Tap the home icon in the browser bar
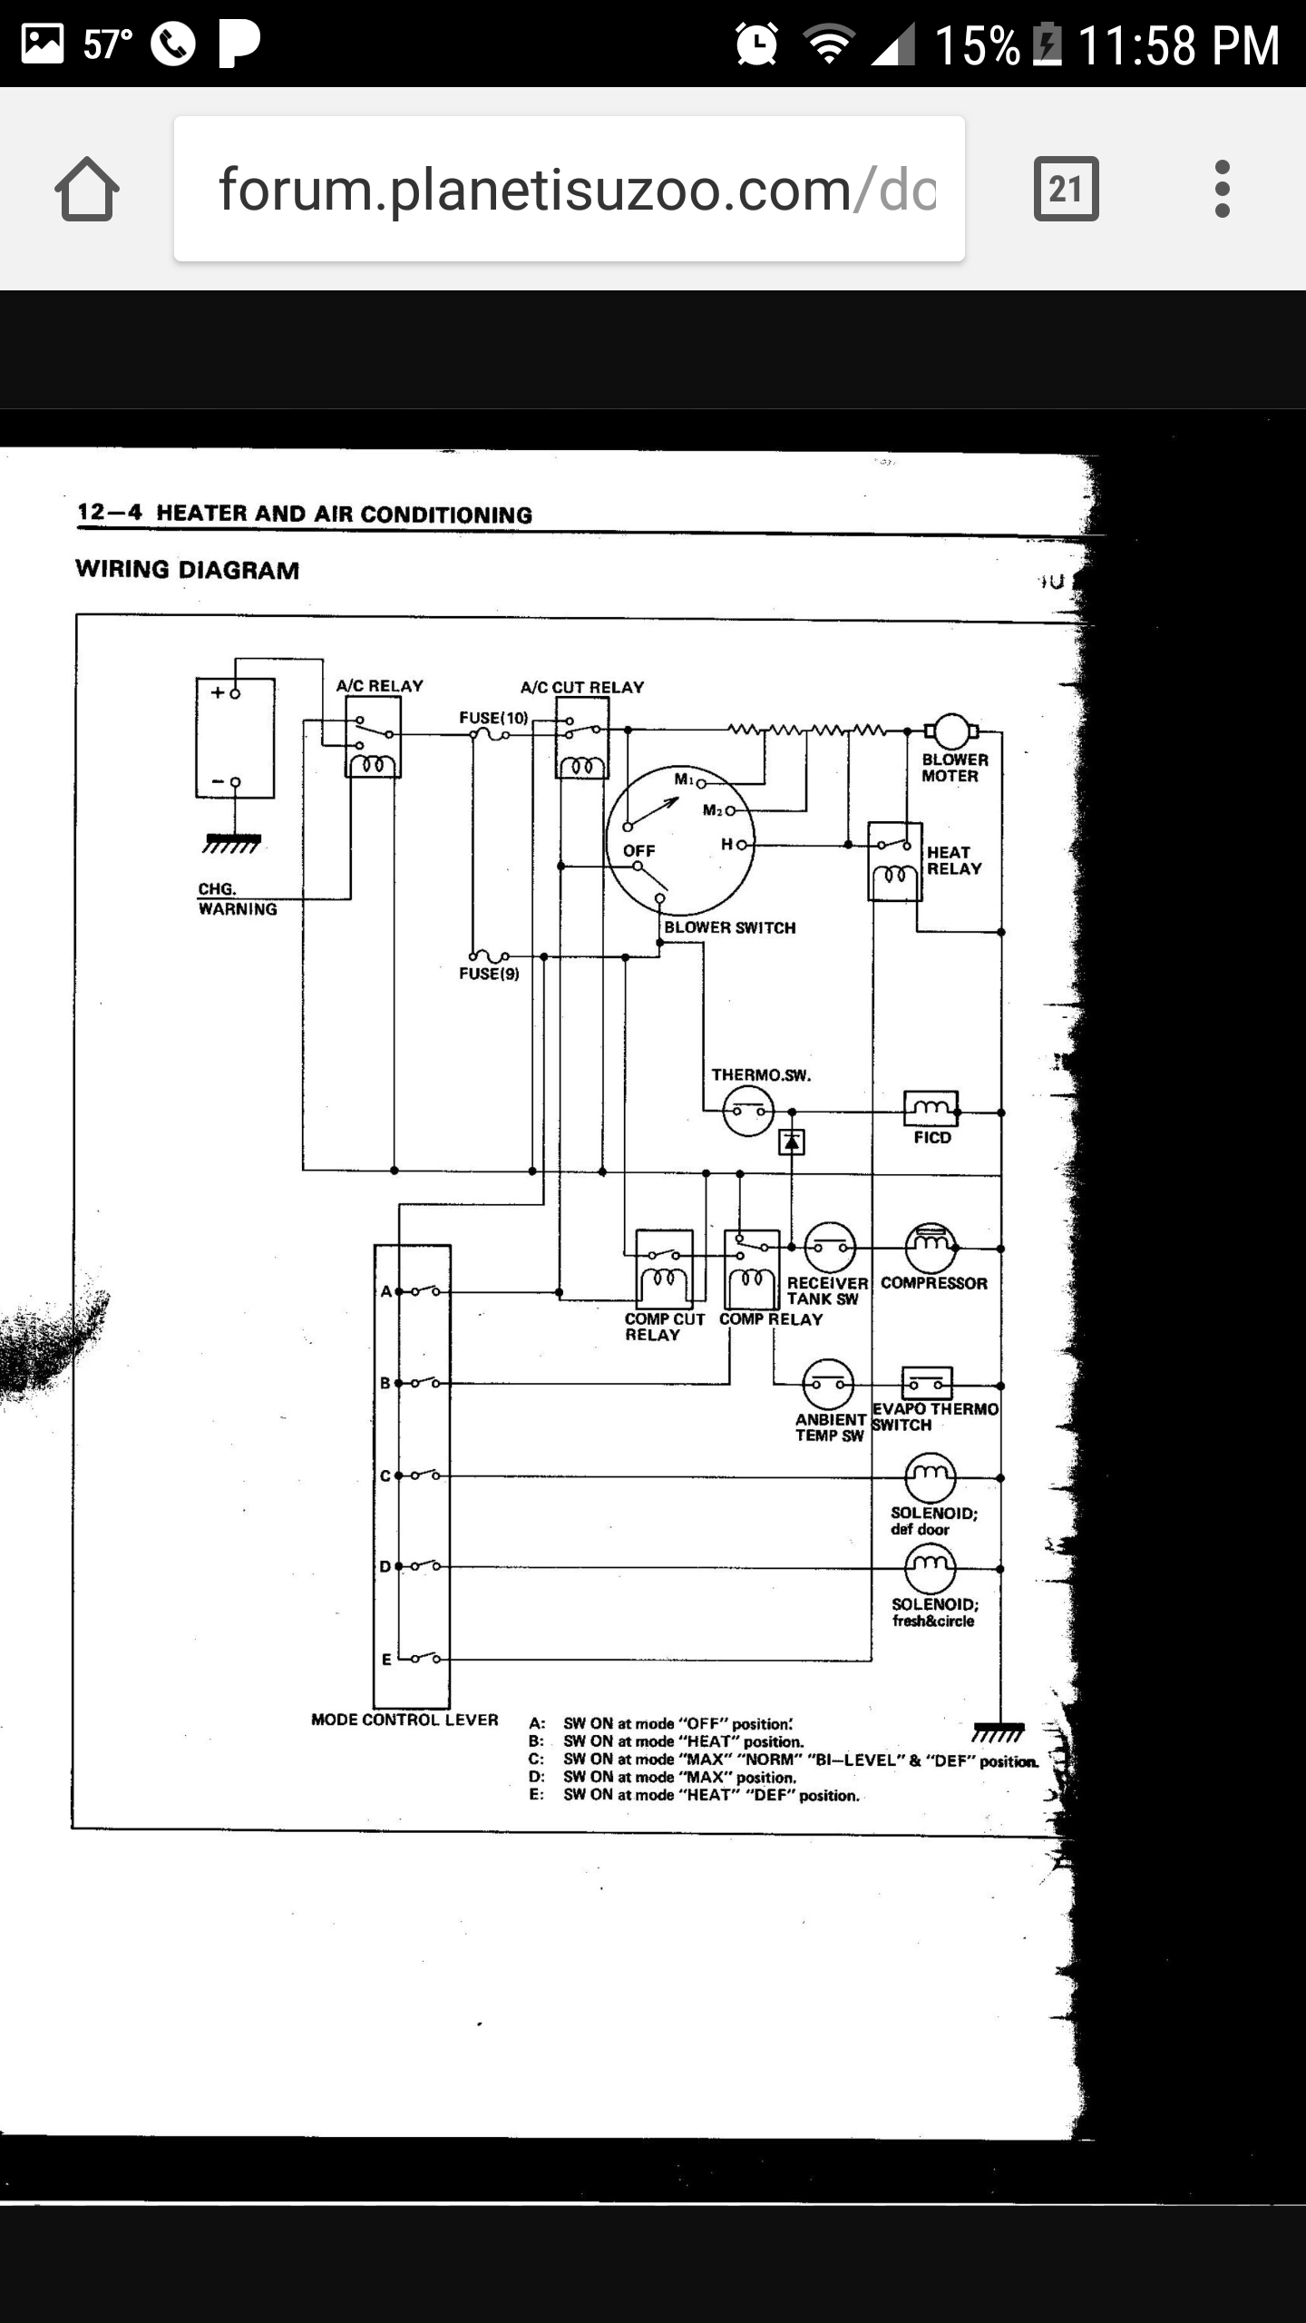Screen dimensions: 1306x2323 coord(87,189)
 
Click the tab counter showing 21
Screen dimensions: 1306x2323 coord(1066,189)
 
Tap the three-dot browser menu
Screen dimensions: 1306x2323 coord(1222,189)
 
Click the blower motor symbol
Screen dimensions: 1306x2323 coord(951,730)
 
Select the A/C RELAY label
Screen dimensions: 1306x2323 coord(379,686)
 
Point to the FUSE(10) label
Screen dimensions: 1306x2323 coord(493,718)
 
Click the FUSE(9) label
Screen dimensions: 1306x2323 coord(489,974)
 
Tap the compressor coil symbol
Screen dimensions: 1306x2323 coord(931,1248)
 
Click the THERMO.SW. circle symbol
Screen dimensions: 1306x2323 coord(748,1112)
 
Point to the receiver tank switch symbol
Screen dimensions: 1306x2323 coord(830,1248)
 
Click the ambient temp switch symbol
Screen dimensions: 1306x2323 coord(828,1385)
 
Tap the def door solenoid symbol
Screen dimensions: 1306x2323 coord(931,1477)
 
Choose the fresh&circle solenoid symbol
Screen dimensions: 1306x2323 coord(931,1568)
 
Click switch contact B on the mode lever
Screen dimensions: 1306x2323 coord(424,1384)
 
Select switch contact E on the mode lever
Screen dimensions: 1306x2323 coord(424,1659)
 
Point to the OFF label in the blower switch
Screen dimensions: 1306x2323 coord(638,851)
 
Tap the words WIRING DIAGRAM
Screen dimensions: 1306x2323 coord(187,570)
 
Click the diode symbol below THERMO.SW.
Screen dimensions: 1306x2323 coord(792,1142)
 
